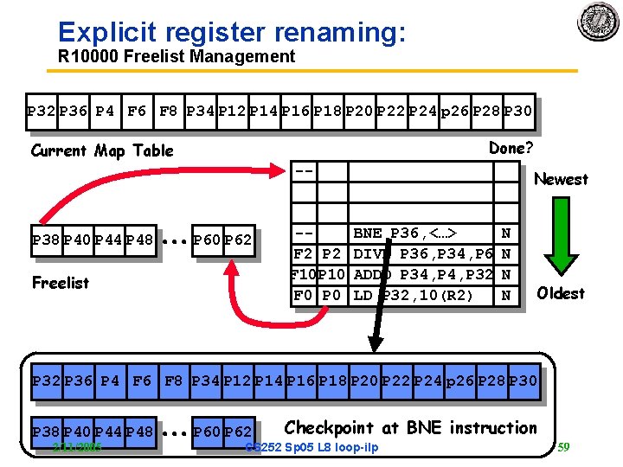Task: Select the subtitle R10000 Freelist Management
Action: click(176, 57)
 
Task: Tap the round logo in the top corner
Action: click(598, 22)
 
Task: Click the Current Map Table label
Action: click(102, 150)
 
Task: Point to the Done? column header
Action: click(511, 148)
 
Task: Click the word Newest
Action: click(561, 179)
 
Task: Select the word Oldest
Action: click(561, 293)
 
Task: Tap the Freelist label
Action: click(60, 283)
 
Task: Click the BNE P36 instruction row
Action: click(405, 233)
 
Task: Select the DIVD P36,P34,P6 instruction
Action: click(423, 254)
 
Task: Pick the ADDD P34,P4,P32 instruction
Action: click(423, 275)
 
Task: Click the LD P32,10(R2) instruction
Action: click(414, 296)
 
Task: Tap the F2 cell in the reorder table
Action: click(304, 254)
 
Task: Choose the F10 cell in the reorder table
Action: click(304, 275)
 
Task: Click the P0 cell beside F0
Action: click(332, 296)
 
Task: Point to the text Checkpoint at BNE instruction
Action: click(410, 427)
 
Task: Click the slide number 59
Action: click(562, 447)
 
